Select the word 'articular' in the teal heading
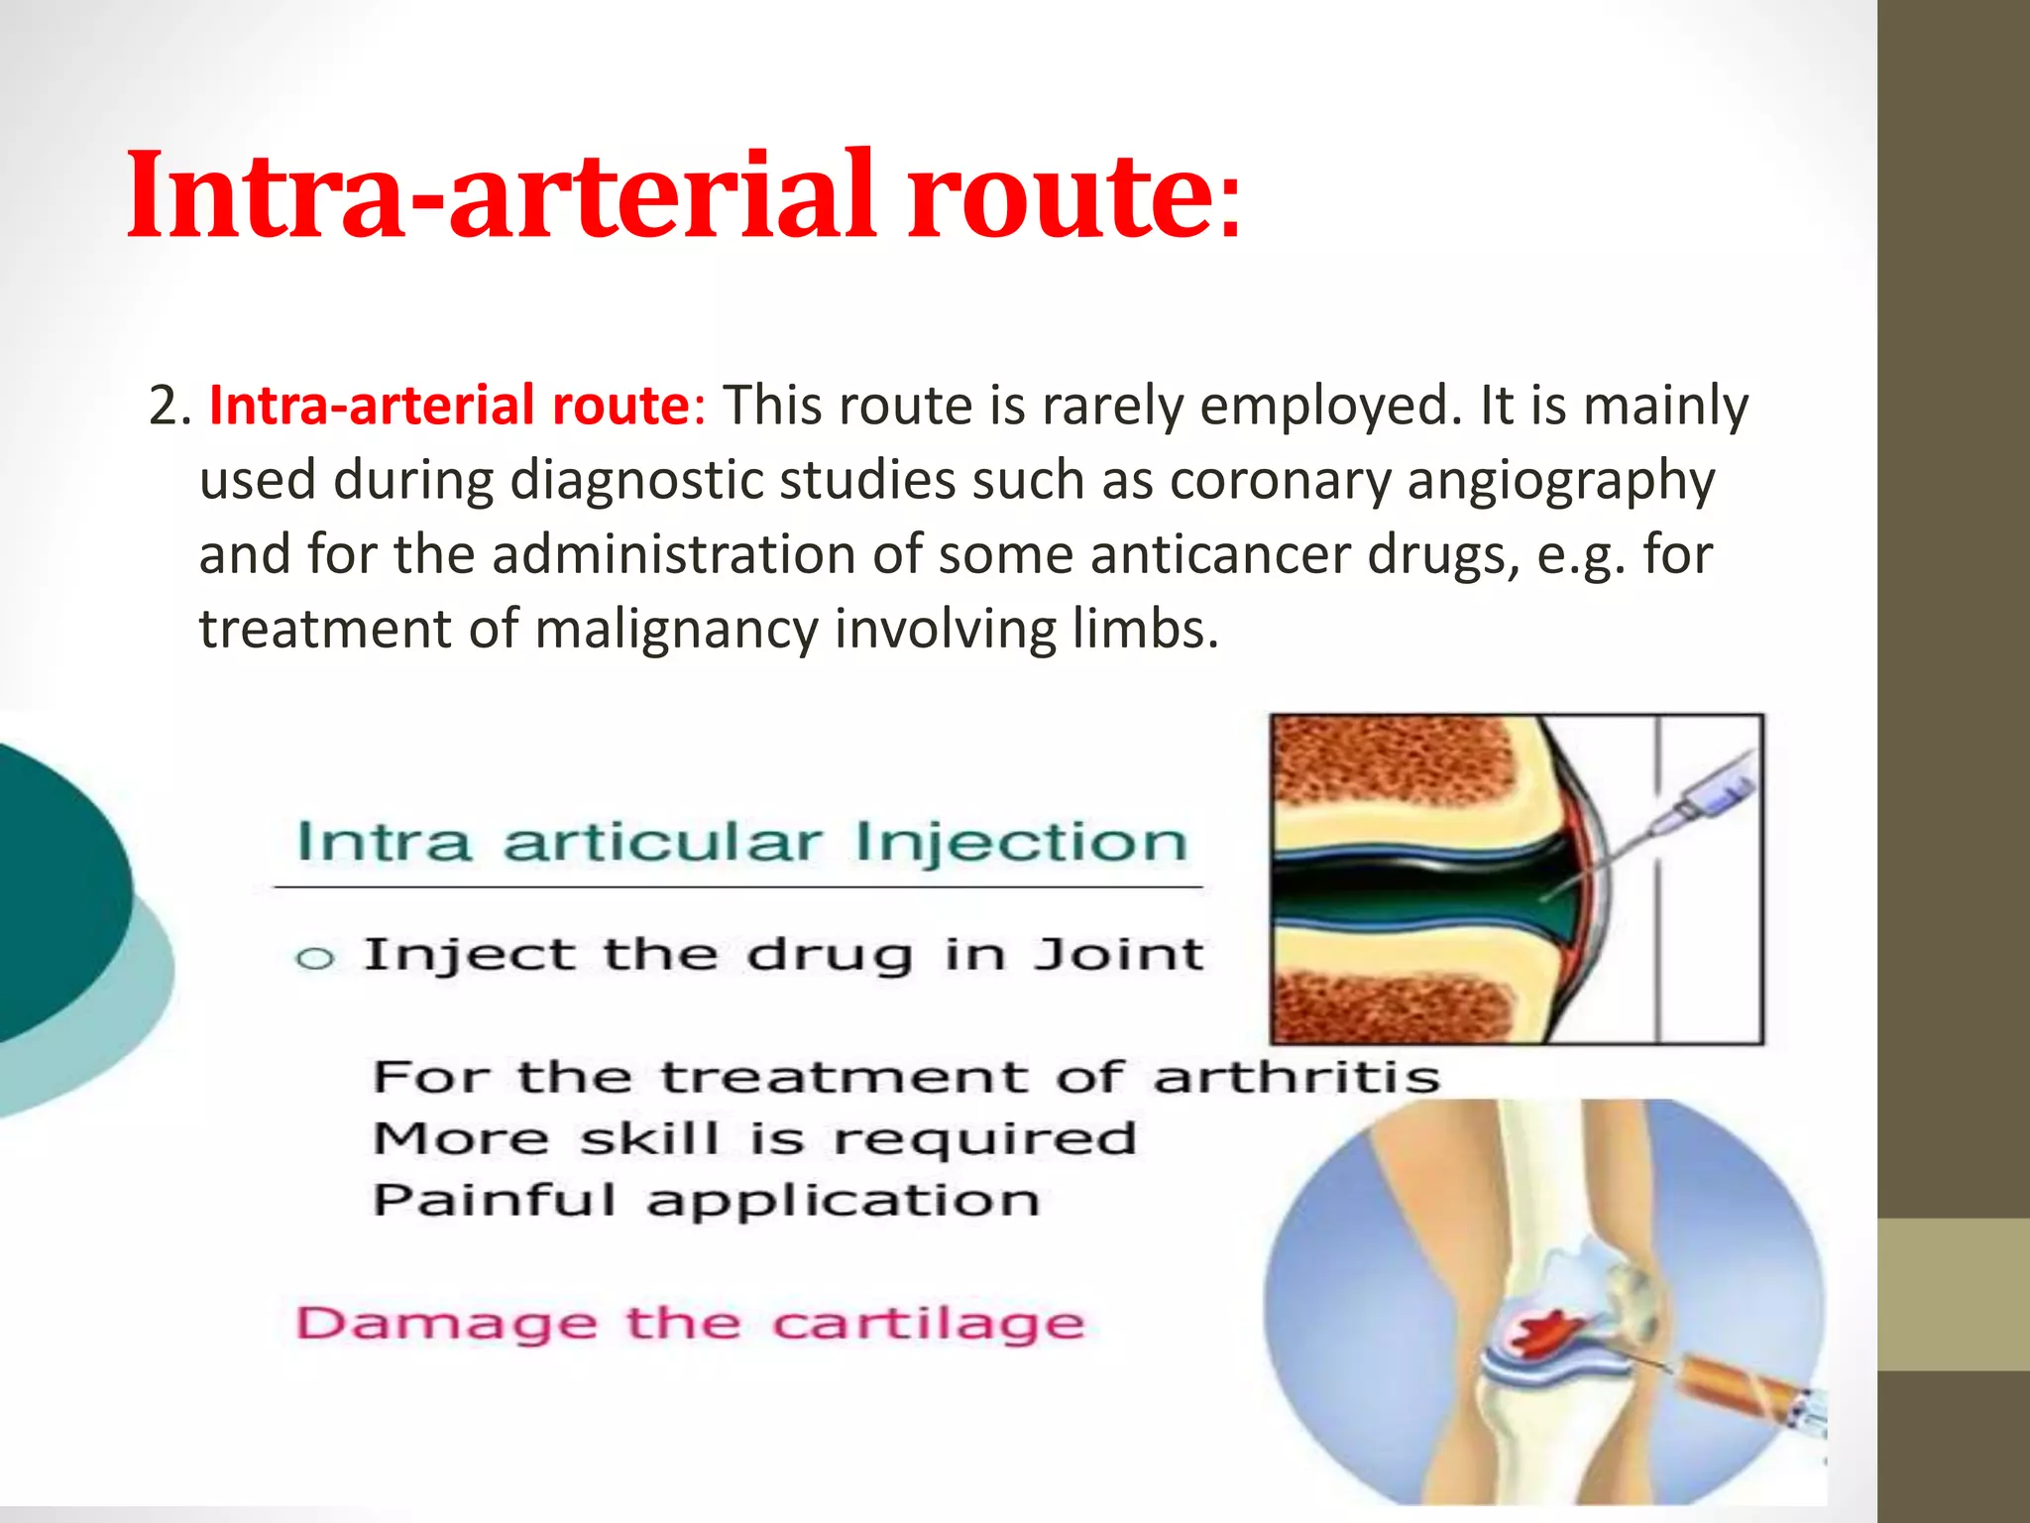tap(662, 844)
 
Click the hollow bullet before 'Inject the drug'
tap(315, 959)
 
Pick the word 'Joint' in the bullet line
tap(1118, 955)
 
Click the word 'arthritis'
tap(1296, 1078)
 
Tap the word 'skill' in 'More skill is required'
tap(649, 1138)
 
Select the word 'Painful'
tap(495, 1201)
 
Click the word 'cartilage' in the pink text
tap(928, 1324)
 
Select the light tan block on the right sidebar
tap(1953, 1294)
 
